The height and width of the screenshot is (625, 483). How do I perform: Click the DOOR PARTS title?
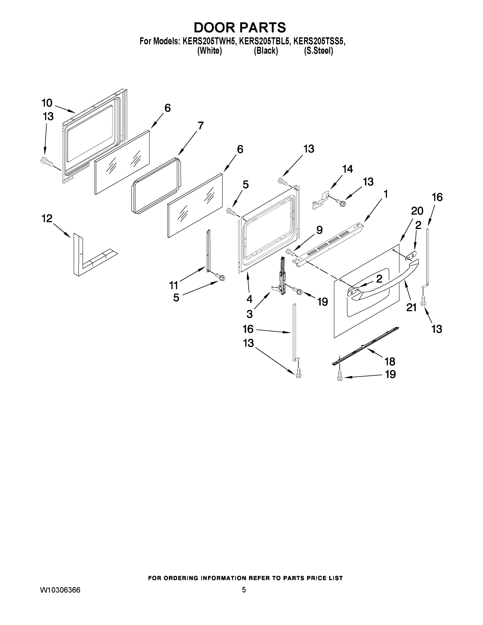click(240, 27)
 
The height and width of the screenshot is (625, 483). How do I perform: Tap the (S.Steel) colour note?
click(318, 51)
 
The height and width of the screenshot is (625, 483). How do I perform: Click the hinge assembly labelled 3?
click(282, 280)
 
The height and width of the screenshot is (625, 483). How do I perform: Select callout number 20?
click(417, 211)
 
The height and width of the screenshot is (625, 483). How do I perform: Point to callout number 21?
click(411, 307)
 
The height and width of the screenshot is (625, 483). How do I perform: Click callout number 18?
click(390, 361)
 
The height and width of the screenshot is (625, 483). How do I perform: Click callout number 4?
click(249, 299)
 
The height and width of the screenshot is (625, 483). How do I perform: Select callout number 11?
click(174, 285)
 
